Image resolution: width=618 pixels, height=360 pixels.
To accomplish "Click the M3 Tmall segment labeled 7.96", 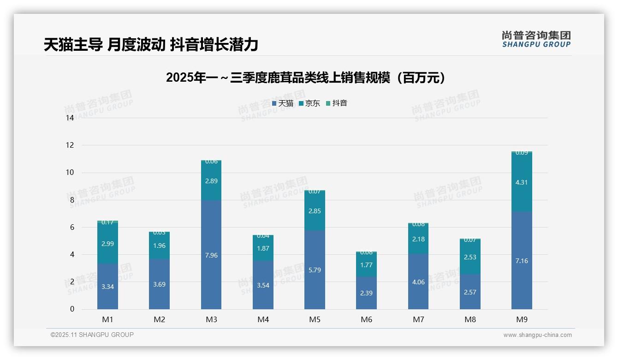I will pyautogui.click(x=211, y=254).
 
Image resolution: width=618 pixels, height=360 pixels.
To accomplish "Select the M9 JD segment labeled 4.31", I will pyautogui.click(x=521, y=182).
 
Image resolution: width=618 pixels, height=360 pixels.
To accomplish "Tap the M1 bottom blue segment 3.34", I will pyautogui.click(x=107, y=286).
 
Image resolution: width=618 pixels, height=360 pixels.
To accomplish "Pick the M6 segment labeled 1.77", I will pyautogui.click(x=366, y=265).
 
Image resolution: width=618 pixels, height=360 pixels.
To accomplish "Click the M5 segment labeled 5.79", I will pyautogui.click(x=315, y=270).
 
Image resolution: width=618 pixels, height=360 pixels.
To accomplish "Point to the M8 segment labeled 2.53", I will pyautogui.click(x=470, y=257).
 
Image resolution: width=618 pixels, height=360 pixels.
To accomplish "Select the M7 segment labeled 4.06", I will pyautogui.click(x=418, y=282).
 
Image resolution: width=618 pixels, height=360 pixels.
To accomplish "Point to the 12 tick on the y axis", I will pyautogui.click(x=70, y=145).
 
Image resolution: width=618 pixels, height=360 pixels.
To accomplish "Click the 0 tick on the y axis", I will pyautogui.click(x=72, y=309).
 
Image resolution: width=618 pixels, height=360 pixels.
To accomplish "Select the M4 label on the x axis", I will pyautogui.click(x=263, y=319).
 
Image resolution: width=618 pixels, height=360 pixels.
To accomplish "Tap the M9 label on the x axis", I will pyautogui.click(x=521, y=319).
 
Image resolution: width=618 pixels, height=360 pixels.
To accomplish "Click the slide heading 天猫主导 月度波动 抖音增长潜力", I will pyautogui.click(x=151, y=44).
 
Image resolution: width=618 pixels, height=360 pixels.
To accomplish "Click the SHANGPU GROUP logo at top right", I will pyautogui.click(x=536, y=39).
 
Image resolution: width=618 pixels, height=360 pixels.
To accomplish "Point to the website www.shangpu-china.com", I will pyautogui.click(x=537, y=335).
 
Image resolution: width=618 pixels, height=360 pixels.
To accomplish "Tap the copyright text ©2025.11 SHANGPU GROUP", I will pyautogui.click(x=92, y=335).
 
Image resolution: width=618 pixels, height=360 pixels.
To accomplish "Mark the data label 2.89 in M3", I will pyautogui.click(x=211, y=181).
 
